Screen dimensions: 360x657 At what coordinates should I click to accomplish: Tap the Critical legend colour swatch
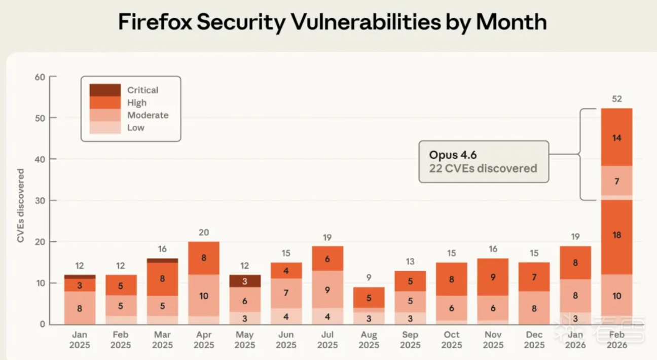[x=105, y=90]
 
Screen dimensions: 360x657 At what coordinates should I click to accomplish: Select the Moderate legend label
[x=148, y=115]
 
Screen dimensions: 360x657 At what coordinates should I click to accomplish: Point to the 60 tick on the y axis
[x=40, y=77]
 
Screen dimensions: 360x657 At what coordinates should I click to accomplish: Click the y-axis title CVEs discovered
[x=21, y=206]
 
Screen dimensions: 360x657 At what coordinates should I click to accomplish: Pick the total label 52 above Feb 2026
[x=617, y=99]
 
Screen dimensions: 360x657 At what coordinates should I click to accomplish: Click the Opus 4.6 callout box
[x=483, y=162]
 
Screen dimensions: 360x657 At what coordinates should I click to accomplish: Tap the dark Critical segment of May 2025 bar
[x=244, y=281]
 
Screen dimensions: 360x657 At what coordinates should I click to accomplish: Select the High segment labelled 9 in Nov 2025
[x=493, y=277]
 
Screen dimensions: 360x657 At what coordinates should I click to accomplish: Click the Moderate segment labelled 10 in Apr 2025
[x=203, y=296]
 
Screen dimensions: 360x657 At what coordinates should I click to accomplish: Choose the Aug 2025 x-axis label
[x=369, y=340]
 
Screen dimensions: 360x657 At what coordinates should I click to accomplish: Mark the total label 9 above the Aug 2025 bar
[x=369, y=278]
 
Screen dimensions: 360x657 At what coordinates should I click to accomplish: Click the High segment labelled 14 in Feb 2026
[x=617, y=137]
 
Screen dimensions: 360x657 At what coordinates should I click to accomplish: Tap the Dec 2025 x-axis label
[x=534, y=340]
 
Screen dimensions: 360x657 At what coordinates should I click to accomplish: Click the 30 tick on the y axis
[x=40, y=200]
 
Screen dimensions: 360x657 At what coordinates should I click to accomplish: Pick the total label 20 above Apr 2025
[x=203, y=232]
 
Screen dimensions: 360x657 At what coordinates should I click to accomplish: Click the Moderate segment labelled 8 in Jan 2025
[x=80, y=308]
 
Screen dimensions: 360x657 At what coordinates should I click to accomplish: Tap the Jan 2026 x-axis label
[x=575, y=340]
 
